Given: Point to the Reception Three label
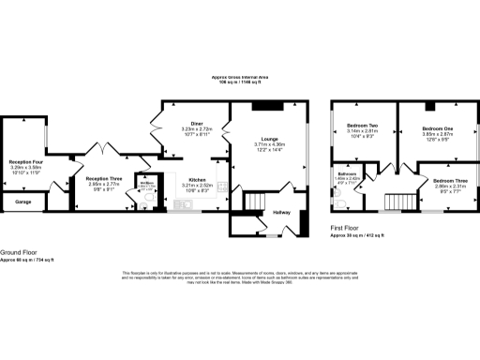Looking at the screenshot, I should (x=104, y=178).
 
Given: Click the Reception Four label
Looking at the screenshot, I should (x=26, y=161).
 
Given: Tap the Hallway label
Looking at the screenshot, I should (x=282, y=213).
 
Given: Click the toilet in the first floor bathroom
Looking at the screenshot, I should (x=335, y=199).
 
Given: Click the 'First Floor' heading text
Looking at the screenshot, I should (x=345, y=228).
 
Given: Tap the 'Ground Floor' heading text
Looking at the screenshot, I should (x=19, y=252).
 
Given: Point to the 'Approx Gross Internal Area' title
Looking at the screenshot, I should (x=239, y=77).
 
